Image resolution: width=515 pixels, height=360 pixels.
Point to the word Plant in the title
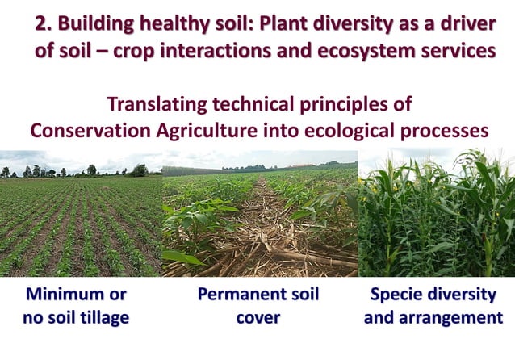pyautogui.click(x=299, y=23)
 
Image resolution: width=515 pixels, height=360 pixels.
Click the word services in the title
pyautogui.click(x=464, y=49)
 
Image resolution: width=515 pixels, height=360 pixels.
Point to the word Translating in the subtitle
pyautogui.click(x=161, y=104)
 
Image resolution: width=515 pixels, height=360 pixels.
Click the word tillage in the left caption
pyautogui.click(x=102, y=318)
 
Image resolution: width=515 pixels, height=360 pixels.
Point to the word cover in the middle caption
pyautogui.click(x=258, y=318)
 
